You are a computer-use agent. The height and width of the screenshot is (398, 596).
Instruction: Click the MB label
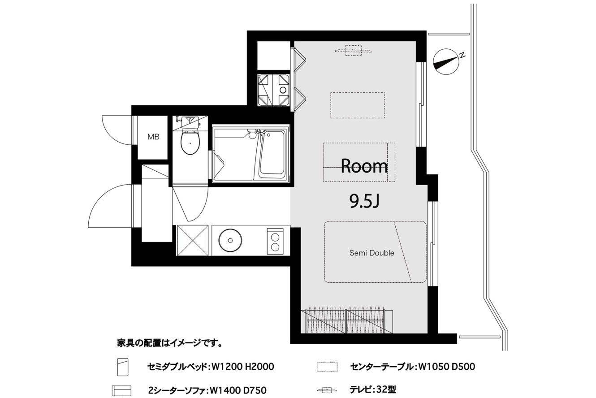click(153, 137)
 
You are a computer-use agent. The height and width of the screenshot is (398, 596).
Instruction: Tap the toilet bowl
click(190, 142)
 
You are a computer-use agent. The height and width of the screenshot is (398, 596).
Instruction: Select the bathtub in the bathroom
click(272, 156)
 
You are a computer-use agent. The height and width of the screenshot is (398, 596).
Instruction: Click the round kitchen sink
click(230, 240)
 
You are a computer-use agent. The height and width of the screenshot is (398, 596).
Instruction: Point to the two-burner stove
click(275, 241)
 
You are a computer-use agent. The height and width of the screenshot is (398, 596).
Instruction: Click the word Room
click(364, 166)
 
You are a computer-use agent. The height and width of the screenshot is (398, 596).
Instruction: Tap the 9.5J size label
click(364, 201)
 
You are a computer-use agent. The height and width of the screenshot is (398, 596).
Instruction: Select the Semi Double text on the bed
click(371, 253)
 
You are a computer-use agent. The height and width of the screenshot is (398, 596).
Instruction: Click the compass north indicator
click(447, 62)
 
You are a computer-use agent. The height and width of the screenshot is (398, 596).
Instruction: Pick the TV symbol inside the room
click(353, 51)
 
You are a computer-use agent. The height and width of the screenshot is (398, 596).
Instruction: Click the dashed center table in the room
click(358, 105)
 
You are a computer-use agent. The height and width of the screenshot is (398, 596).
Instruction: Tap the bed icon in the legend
click(123, 367)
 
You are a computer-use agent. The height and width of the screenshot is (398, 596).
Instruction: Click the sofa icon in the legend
click(121, 390)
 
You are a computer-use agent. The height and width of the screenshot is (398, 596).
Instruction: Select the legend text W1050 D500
click(447, 367)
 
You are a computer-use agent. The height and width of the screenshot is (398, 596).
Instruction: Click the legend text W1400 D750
click(238, 390)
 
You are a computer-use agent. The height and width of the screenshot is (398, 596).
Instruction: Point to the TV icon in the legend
click(327, 390)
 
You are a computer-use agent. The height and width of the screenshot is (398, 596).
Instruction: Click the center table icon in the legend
click(327, 367)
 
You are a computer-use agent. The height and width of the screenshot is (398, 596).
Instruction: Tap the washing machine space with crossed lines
click(273, 90)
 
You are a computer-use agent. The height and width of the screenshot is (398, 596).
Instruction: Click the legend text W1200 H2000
click(242, 367)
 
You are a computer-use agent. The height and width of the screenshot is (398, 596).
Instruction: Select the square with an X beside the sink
click(193, 240)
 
